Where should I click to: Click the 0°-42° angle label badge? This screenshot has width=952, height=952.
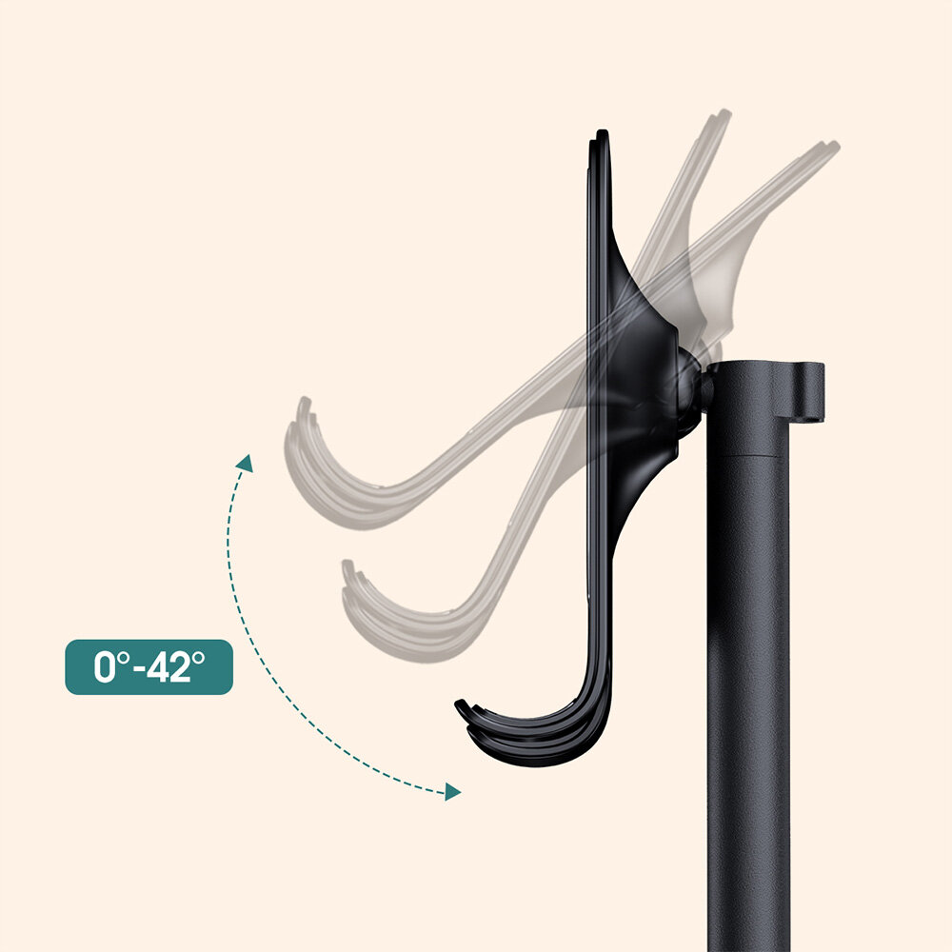tap(149, 666)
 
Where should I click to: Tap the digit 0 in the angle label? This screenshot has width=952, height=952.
tap(104, 666)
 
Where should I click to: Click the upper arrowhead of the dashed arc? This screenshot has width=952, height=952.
tap(246, 463)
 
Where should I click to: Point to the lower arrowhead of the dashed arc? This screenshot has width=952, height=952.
tap(452, 792)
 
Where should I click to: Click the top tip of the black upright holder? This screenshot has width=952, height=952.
tap(601, 132)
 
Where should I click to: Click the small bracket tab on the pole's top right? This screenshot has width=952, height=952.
tap(806, 391)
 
